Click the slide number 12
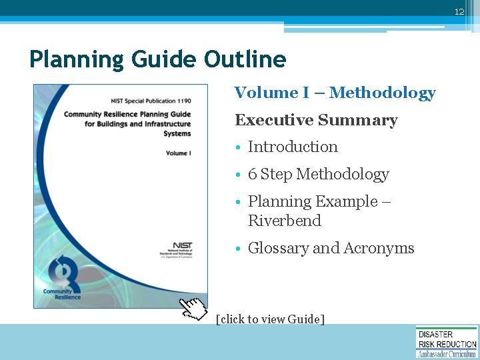pyautogui.click(x=459, y=12)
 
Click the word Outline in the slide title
pyautogui.click(x=245, y=60)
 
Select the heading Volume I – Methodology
pyautogui.click(x=335, y=93)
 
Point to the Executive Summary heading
pyautogui.click(x=316, y=121)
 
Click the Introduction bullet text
pyautogui.click(x=293, y=147)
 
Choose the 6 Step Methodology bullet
pyautogui.click(x=318, y=175)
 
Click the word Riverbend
pyautogui.click(x=284, y=221)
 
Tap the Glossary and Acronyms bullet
pyautogui.click(x=331, y=249)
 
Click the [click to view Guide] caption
pyautogui.click(x=271, y=319)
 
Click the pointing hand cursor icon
pyautogui.click(x=194, y=309)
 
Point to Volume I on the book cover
pyautogui.click(x=178, y=153)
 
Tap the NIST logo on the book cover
pyautogui.click(x=182, y=246)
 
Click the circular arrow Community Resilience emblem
pyautogui.click(x=63, y=273)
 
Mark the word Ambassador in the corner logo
pyautogui.click(x=434, y=354)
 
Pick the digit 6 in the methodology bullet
pyautogui.click(x=252, y=175)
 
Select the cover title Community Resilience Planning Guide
pyautogui.click(x=127, y=114)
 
